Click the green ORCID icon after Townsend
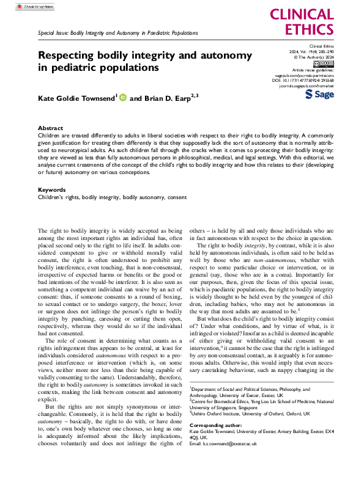pyautogui.click(x=123, y=97)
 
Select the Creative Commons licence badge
pyautogui.click(x=322, y=64)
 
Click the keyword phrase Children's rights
pyautogui.click(x=59, y=198)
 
